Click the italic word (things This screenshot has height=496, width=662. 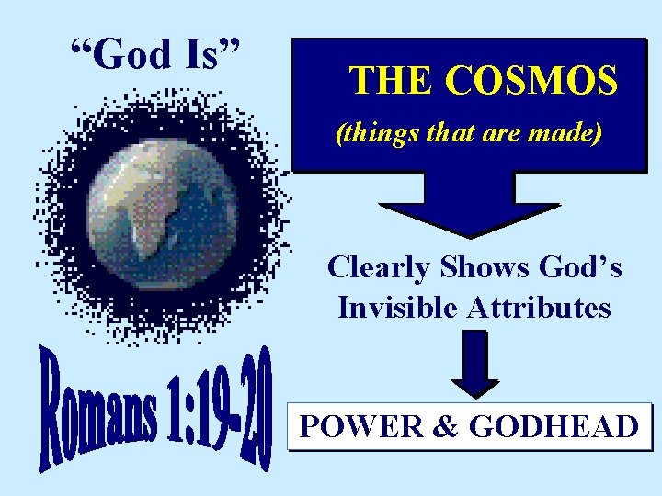(x=372, y=135)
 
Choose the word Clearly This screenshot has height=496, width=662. (x=378, y=267)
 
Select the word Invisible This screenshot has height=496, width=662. (x=397, y=307)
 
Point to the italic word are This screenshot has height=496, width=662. (x=502, y=135)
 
